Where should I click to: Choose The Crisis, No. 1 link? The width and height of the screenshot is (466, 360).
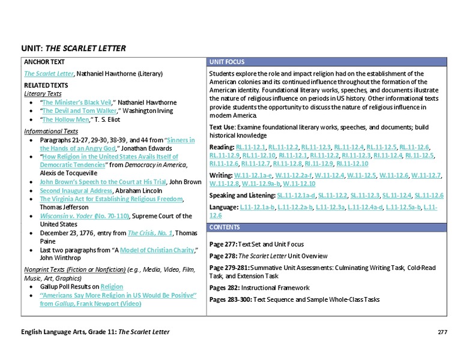coord(150,233)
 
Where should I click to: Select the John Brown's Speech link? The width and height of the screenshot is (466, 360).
coord(103,181)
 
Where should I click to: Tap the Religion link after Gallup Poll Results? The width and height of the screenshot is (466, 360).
coord(112,287)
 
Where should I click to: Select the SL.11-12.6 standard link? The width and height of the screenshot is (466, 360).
coord(429,196)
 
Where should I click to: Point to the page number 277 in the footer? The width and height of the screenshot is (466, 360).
coord(443,332)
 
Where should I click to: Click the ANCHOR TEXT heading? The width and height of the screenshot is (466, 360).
coord(43,62)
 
